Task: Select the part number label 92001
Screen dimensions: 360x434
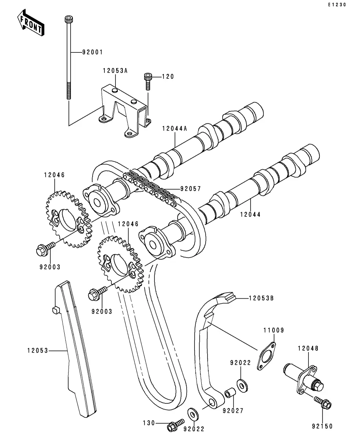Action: (x=93, y=52)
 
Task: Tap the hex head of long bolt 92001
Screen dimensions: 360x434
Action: (x=69, y=19)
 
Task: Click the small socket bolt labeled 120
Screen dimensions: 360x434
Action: (x=148, y=81)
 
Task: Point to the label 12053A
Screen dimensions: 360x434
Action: (x=115, y=70)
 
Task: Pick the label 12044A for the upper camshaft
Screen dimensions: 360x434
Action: (x=175, y=128)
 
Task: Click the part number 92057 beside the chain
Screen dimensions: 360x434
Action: (x=191, y=189)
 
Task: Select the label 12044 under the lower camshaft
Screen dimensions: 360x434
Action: (x=251, y=214)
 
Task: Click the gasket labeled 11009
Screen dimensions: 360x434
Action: (x=266, y=356)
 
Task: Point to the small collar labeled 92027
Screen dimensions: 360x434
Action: (x=230, y=392)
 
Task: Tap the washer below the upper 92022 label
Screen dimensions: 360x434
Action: (x=242, y=386)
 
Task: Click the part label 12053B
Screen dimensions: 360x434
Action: (x=262, y=298)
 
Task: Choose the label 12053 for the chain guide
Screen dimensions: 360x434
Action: (x=38, y=351)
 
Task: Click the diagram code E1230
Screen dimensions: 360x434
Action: (x=337, y=5)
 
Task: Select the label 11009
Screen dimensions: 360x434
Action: (x=274, y=330)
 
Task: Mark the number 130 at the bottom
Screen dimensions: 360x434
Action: (x=149, y=423)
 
